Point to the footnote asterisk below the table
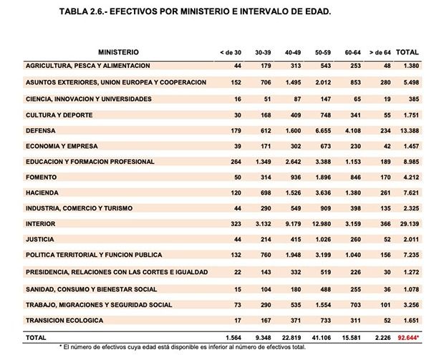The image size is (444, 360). tap(61, 346)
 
